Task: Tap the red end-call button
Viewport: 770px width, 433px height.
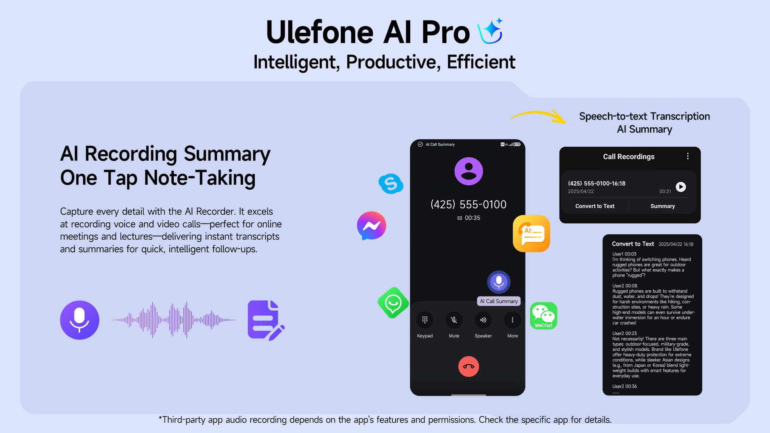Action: [x=468, y=367]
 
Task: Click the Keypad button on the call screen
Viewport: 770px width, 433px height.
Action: [x=425, y=320]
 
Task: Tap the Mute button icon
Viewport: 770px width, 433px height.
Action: [x=454, y=320]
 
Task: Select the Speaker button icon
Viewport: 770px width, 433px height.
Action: [x=483, y=320]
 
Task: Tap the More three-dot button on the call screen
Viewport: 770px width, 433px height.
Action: [x=512, y=320]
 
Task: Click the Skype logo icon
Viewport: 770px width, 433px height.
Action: [x=391, y=184]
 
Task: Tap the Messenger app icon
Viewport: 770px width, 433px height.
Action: [x=372, y=226]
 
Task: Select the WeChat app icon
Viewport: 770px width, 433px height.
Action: [x=544, y=316]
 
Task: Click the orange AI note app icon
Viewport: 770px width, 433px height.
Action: [x=531, y=234]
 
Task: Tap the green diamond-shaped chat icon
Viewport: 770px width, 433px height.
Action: [x=393, y=303]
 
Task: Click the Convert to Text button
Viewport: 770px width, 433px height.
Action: [x=595, y=206]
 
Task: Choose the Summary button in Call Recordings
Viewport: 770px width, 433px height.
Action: [x=663, y=206]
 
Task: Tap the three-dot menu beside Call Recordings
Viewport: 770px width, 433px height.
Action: [x=688, y=156]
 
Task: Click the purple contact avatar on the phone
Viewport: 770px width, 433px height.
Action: [x=468, y=171]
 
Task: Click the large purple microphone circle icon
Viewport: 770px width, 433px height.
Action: [x=80, y=320]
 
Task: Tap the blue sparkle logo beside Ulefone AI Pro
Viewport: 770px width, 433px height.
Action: [x=491, y=31]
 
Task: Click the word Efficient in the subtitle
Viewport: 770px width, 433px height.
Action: [x=481, y=62]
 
